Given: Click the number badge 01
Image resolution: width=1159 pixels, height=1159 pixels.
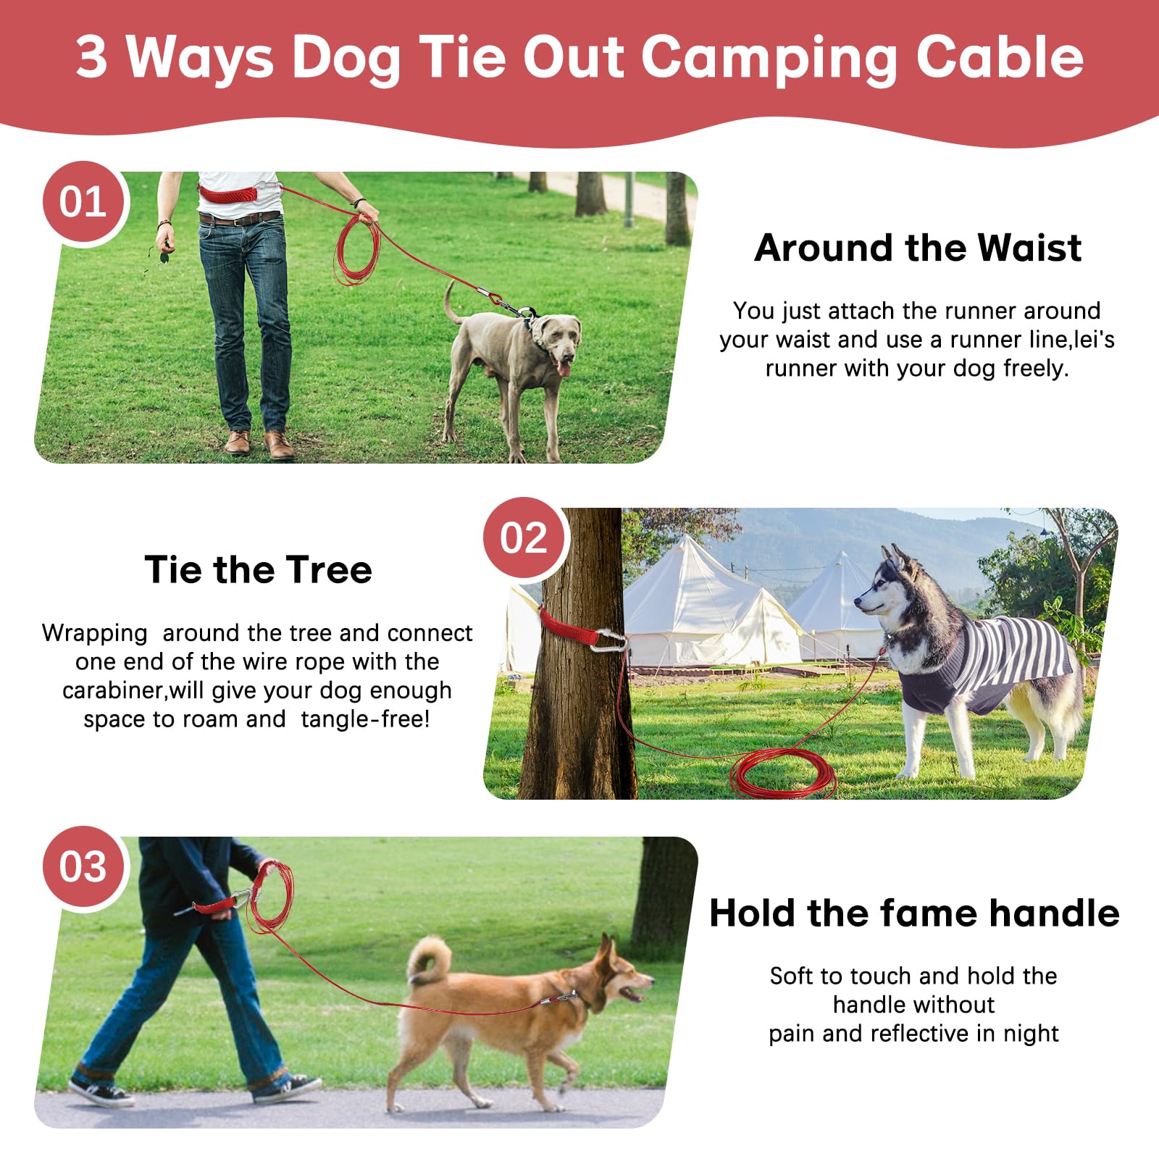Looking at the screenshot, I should click(x=83, y=202).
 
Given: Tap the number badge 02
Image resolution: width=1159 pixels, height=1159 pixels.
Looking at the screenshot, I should click(x=524, y=538).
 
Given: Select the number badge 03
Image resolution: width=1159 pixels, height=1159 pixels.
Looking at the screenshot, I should click(x=83, y=867).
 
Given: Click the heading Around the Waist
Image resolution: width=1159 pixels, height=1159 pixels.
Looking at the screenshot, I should click(x=917, y=248).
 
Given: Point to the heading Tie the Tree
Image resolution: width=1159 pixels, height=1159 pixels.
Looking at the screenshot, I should click(x=258, y=570).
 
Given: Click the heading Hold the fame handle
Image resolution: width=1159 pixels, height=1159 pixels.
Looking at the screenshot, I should click(x=914, y=913).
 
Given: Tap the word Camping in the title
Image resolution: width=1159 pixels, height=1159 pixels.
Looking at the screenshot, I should click(x=769, y=58).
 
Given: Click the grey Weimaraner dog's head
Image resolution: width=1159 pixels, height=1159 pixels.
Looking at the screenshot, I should click(x=556, y=340).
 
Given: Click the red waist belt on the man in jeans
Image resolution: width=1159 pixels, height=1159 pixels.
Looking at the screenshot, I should click(x=229, y=195).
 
